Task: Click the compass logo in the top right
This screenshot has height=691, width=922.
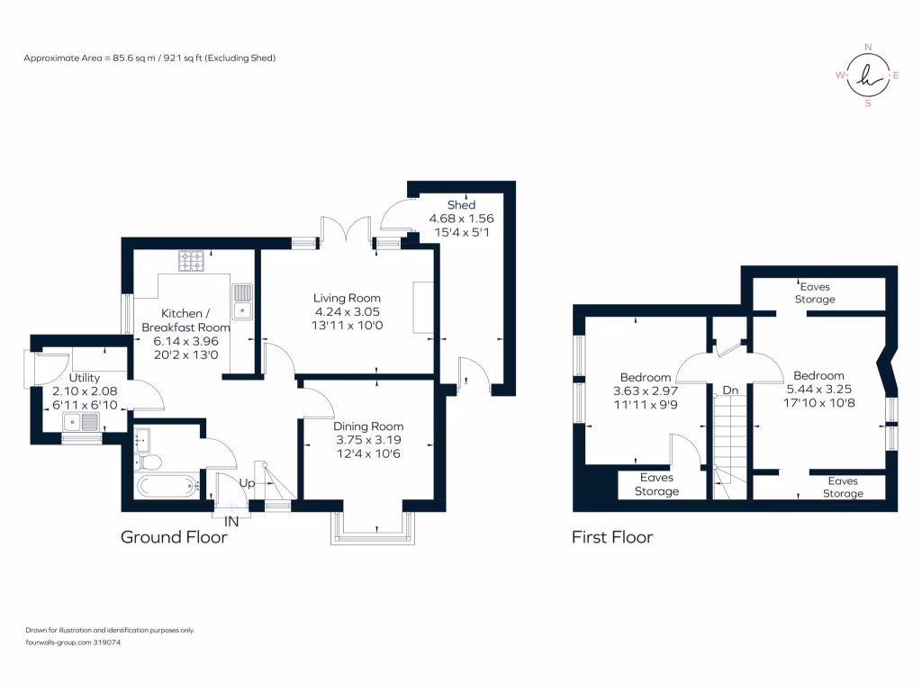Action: (x=868, y=76)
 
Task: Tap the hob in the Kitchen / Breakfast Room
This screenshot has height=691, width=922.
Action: (x=192, y=261)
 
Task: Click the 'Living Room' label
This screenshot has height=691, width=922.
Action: (x=347, y=298)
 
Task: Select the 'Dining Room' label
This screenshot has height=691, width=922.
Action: (x=368, y=426)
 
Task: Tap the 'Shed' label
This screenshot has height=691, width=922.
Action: (x=461, y=205)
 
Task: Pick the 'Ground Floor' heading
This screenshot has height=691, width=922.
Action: (x=174, y=537)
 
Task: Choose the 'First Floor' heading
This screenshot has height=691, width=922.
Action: (x=612, y=537)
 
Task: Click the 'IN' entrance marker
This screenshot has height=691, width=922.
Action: (x=231, y=521)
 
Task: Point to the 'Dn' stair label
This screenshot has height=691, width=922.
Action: (x=731, y=391)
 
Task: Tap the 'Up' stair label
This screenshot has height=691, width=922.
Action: (x=247, y=483)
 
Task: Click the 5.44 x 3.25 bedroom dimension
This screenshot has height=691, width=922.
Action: (x=819, y=390)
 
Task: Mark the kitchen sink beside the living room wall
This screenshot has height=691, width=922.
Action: (x=243, y=301)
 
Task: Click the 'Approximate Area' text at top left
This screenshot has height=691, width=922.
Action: (x=149, y=58)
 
